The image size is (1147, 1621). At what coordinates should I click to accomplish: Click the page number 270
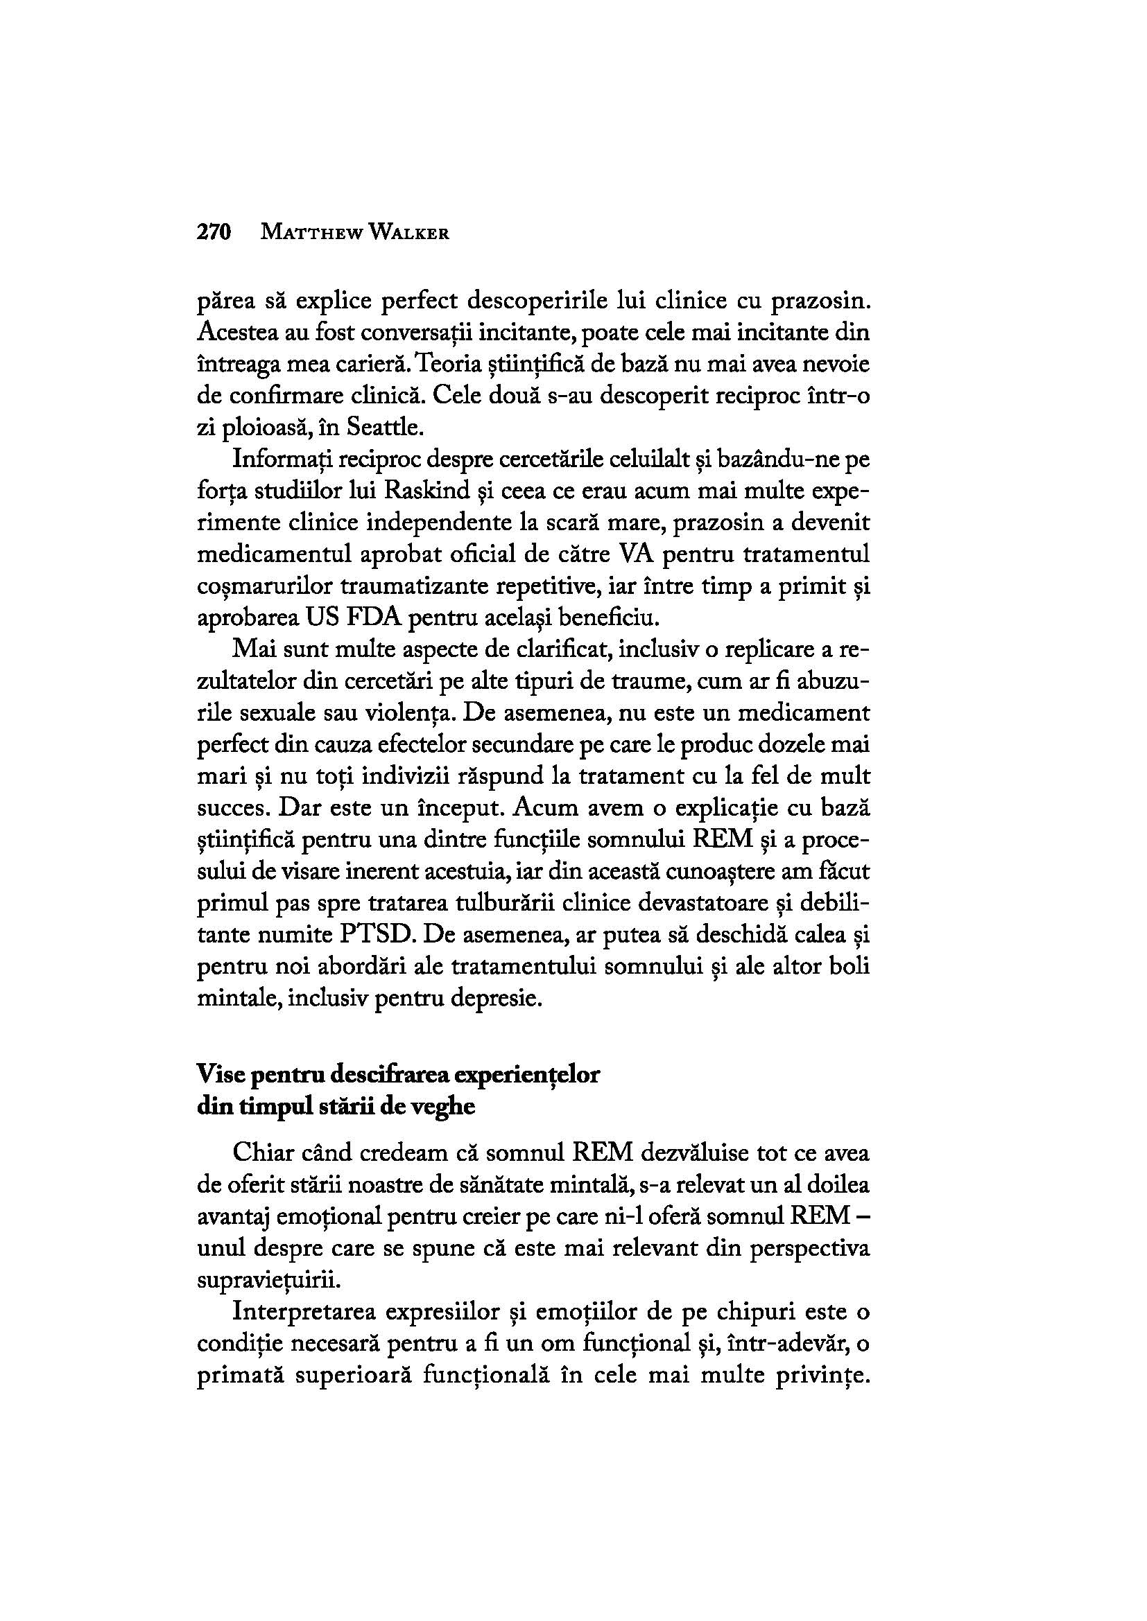pyautogui.click(x=214, y=232)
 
